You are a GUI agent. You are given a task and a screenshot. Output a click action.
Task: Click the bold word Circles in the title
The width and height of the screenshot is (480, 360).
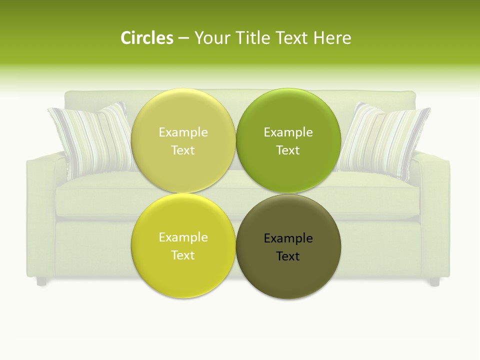(147, 37)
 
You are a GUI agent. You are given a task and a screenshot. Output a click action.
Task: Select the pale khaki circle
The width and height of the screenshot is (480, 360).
(183, 140)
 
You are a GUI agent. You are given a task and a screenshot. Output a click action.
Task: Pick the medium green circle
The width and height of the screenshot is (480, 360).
(288, 140)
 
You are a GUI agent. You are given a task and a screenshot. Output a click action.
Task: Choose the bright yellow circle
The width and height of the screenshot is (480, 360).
(183, 245)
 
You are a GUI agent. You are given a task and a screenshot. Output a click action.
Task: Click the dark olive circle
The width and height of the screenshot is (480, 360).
(288, 246)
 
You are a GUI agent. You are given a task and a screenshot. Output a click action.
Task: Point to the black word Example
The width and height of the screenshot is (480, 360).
(288, 238)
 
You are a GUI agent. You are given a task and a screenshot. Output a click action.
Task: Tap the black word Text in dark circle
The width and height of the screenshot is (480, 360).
(288, 256)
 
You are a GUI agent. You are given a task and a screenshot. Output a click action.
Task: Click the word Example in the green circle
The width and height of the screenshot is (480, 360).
(288, 132)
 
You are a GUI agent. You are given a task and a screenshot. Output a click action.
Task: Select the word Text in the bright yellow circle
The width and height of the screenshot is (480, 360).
(183, 255)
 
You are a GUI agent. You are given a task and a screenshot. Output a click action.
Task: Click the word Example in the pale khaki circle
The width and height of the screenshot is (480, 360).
(183, 132)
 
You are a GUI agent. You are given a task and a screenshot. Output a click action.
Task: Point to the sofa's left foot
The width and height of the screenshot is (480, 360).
(41, 281)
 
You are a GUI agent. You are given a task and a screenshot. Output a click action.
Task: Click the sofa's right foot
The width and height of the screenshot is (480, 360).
(434, 282)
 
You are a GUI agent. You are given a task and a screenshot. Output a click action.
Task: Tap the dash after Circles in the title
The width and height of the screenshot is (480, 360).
(183, 38)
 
